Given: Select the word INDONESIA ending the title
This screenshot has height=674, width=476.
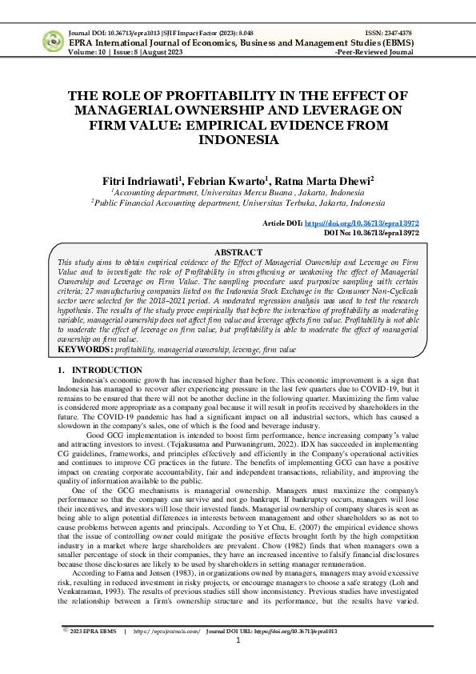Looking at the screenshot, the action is point(238,139).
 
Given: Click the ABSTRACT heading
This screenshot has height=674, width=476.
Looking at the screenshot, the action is point(238,252).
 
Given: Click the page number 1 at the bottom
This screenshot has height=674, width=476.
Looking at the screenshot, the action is point(238,662).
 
